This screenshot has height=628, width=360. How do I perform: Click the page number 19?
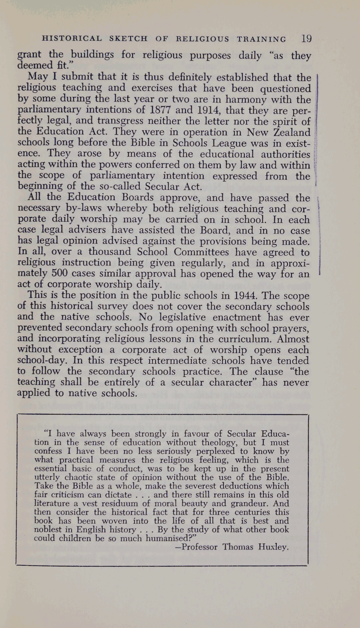306,39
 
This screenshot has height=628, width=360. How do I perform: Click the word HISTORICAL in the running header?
72,39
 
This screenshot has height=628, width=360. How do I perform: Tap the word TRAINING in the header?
261,39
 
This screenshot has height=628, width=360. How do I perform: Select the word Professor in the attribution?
200,547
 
